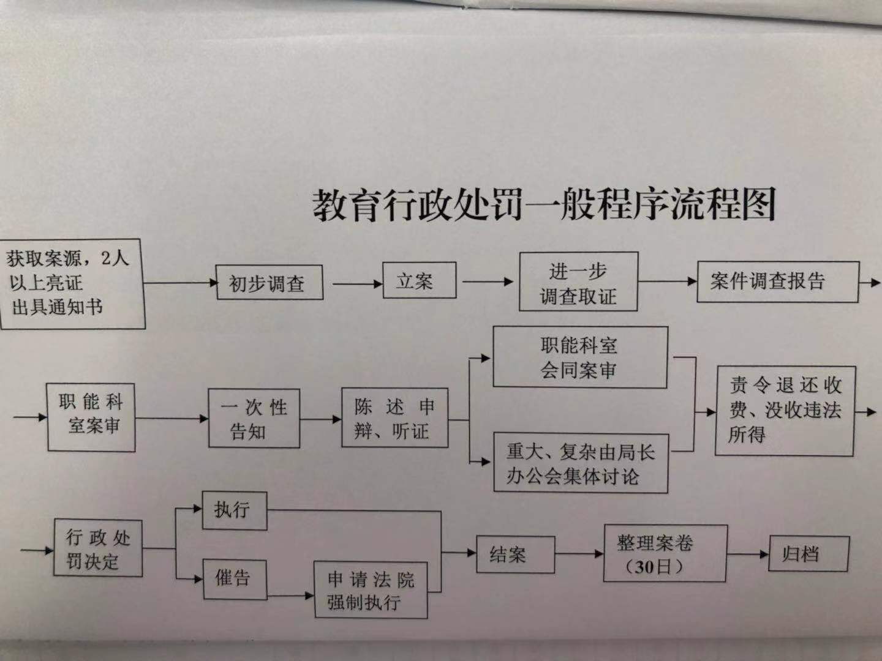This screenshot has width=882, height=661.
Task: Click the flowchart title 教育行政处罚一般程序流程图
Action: (544, 203)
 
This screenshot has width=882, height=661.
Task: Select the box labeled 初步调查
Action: (269, 283)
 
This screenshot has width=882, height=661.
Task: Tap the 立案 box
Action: (419, 281)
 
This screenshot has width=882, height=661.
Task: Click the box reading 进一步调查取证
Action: (578, 283)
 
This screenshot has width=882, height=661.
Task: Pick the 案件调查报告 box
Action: (777, 282)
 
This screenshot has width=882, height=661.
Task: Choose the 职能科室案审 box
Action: (91, 417)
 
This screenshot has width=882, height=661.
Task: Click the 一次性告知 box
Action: (254, 419)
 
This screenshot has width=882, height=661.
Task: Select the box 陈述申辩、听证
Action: (394, 418)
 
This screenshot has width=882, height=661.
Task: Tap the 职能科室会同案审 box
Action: (579, 357)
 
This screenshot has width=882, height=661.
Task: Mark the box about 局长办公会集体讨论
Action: (580, 463)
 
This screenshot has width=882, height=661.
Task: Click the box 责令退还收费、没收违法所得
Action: (785, 411)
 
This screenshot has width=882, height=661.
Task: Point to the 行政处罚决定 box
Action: (98, 548)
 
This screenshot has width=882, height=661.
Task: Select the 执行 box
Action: (235, 510)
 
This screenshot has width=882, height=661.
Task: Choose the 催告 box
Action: (235, 578)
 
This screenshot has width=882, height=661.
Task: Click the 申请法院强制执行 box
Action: (370, 589)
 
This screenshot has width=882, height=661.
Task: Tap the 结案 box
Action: (515, 555)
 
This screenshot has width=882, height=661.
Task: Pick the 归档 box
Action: (809, 554)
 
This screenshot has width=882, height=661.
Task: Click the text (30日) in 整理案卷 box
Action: (654, 567)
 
